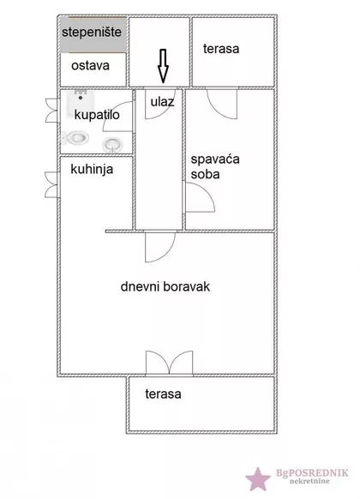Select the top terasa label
pos(221,48)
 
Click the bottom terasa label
pos(163,394)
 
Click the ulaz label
pos(162,102)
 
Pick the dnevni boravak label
pos(165,286)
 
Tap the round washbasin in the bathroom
pos(112,143)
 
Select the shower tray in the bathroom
pos(79,105)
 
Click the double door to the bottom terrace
pos(165,364)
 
